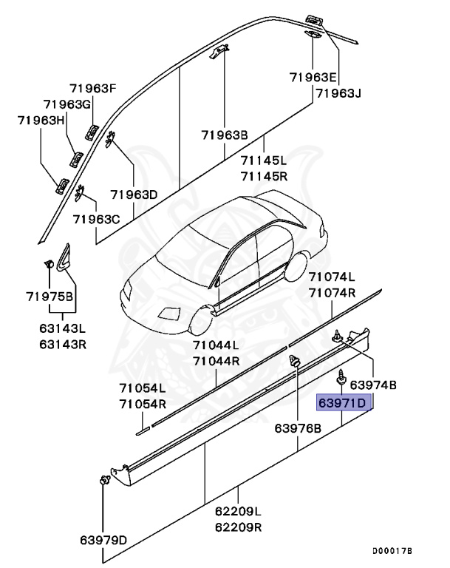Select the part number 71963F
coord(94,89)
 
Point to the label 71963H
coord(41,120)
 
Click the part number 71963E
coord(313,77)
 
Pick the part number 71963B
coord(225,135)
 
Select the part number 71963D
coord(134,195)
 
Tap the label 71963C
coord(96,219)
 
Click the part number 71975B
coord(50,297)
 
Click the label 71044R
coord(217,361)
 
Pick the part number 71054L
coord(143,388)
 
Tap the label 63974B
coord(373,385)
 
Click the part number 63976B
coord(298,427)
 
